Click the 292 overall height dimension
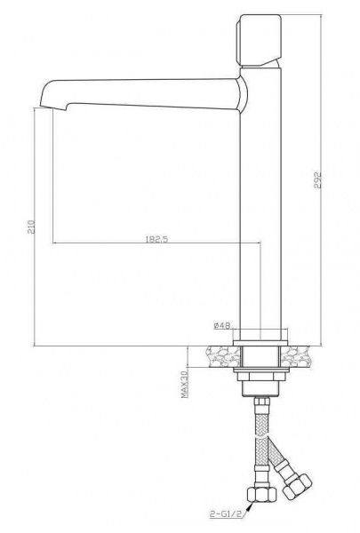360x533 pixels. (x=317, y=180)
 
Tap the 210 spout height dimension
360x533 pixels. (x=31, y=227)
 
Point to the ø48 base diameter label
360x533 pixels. (x=222, y=326)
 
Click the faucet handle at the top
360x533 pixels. (x=259, y=41)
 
